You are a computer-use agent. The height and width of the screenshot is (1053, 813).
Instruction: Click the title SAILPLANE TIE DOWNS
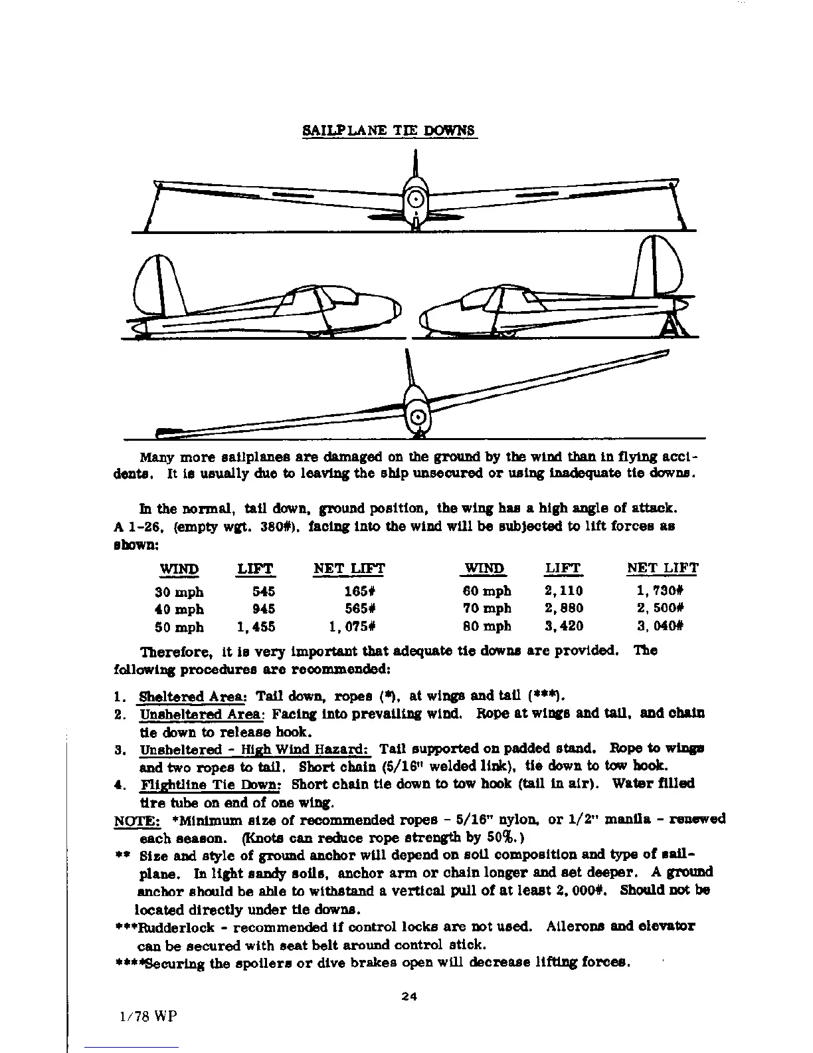click(390, 130)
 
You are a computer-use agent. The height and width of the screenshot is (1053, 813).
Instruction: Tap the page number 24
click(408, 996)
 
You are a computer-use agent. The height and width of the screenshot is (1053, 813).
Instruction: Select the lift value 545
click(263, 592)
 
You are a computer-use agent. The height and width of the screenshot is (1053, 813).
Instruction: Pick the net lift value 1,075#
click(353, 627)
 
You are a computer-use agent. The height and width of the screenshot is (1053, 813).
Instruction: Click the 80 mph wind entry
click(486, 626)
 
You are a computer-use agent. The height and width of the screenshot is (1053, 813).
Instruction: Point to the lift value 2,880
click(563, 608)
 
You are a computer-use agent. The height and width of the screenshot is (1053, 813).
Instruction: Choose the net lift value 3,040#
click(660, 626)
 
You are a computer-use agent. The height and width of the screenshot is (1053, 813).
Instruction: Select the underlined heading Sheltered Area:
click(192, 697)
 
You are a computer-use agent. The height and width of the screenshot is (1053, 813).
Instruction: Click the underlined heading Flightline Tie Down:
click(211, 784)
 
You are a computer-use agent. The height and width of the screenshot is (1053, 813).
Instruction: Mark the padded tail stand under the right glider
click(672, 326)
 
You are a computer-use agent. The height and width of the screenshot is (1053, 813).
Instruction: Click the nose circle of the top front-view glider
click(415, 199)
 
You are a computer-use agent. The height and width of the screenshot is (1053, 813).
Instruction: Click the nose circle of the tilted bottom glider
click(418, 417)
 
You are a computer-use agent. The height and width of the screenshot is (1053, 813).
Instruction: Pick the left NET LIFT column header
click(349, 569)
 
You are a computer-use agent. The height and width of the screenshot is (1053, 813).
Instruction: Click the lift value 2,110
click(563, 590)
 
